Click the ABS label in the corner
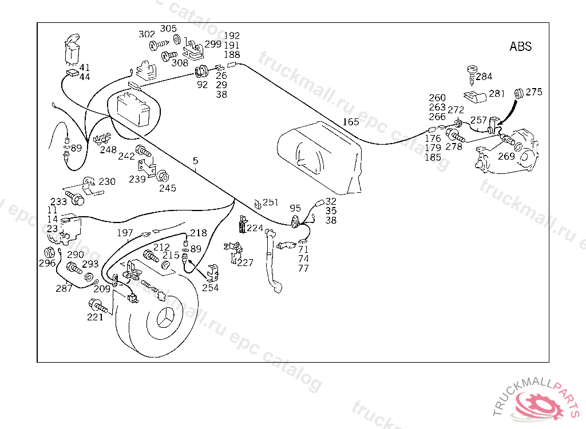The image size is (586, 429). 520,46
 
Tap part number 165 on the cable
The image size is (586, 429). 351,122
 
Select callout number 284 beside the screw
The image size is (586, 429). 484,77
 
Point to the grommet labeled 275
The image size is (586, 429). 518,93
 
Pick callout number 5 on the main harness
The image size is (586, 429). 196,161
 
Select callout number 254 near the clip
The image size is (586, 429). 211,288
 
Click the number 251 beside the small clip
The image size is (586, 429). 271,202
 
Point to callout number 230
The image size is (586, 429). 107,182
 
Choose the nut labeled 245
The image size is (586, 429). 163,176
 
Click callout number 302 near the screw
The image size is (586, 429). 146,34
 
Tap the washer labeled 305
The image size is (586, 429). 177,39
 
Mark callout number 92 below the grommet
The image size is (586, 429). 202,85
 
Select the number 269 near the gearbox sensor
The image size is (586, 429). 506,156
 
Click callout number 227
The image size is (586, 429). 245,263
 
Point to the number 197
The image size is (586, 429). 125,233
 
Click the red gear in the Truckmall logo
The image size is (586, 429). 538,405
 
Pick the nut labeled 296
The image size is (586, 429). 49,252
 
